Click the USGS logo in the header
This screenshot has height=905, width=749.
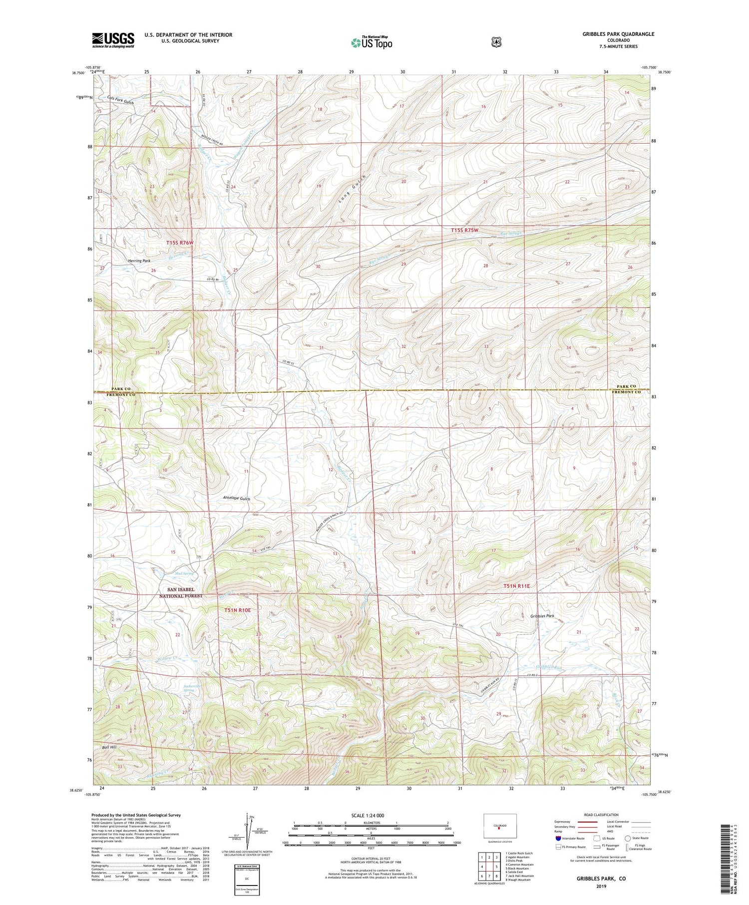[x=113, y=40]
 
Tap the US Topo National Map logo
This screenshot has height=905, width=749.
[x=371, y=42]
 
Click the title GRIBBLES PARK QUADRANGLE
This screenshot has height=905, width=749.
[x=618, y=34]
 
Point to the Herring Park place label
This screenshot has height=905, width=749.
[x=139, y=261]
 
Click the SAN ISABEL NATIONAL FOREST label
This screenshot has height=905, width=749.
[x=181, y=593]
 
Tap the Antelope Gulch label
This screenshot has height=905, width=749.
[x=236, y=498]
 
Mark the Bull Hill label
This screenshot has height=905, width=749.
[x=109, y=747]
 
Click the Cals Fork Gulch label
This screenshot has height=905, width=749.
[x=120, y=100]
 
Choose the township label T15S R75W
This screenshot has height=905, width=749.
[x=464, y=230]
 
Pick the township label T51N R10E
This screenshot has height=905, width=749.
[x=237, y=610]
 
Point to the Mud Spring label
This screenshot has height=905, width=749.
[x=184, y=574]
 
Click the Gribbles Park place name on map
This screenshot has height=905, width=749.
[x=542, y=616]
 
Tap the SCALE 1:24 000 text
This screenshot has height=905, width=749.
[x=371, y=815]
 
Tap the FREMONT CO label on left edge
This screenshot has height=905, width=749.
[x=121, y=394]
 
